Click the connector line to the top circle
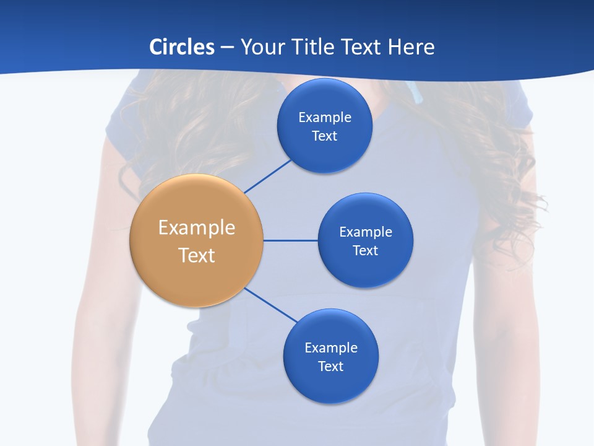tap(269, 176)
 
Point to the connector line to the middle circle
tap(290, 240)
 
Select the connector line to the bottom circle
tap(271, 305)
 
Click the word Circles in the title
tap(182, 47)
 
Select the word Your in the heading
tap(262, 47)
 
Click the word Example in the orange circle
tap(197, 228)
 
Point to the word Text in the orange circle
tap(197, 255)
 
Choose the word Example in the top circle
tap(325, 117)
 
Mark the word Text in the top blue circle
tap(324, 136)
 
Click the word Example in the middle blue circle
tap(366, 232)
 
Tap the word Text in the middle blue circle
tap(365, 251)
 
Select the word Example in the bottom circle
tap(331, 348)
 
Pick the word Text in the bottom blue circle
tap(330, 367)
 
